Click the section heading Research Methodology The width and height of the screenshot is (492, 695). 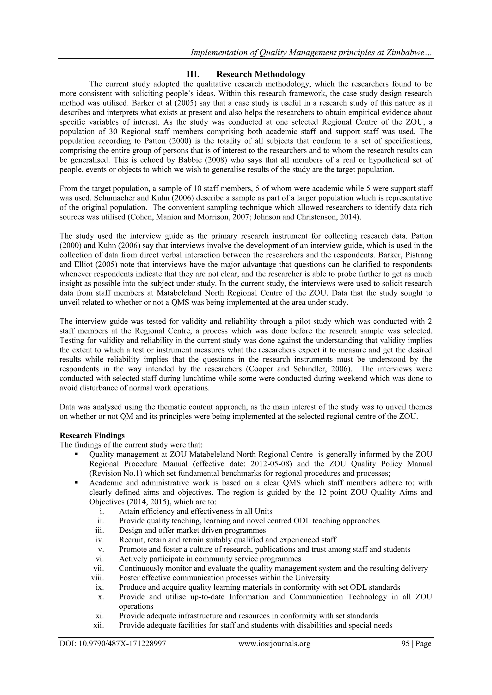tap(261, 74)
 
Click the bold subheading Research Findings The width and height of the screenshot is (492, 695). tap(92, 435)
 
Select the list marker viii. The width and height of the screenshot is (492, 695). tap(98, 578)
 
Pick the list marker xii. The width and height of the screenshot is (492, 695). tap(99, 625)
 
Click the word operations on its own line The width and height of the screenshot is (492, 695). tap(136, 606)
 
